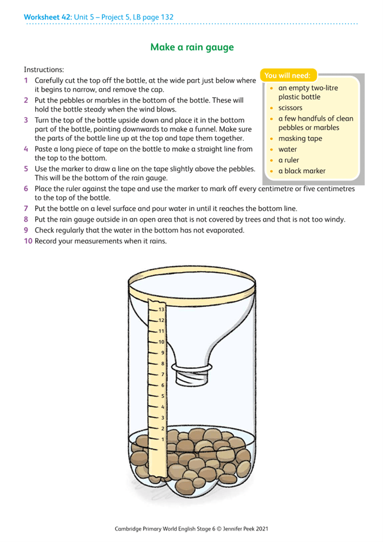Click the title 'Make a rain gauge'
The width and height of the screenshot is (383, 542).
click(192, 47)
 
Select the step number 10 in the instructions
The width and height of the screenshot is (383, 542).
click(28, 241)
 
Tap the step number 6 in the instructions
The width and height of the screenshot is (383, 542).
click(26, 189)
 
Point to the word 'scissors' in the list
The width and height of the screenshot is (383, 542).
click(290, 108)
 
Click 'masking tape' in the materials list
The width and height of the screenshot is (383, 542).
click(300, 139)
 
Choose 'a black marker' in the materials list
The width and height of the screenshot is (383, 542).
click(302, 171)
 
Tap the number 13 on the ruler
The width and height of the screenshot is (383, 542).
click(161, 309)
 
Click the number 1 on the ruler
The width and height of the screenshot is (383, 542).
click(163, 439)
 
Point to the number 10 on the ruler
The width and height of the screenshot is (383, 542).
click(161, 342)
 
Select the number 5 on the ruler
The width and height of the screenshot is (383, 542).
click(163, 396)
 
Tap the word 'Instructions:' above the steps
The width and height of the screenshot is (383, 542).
click(44, 69)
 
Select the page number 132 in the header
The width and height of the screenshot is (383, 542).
click(166, 17)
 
